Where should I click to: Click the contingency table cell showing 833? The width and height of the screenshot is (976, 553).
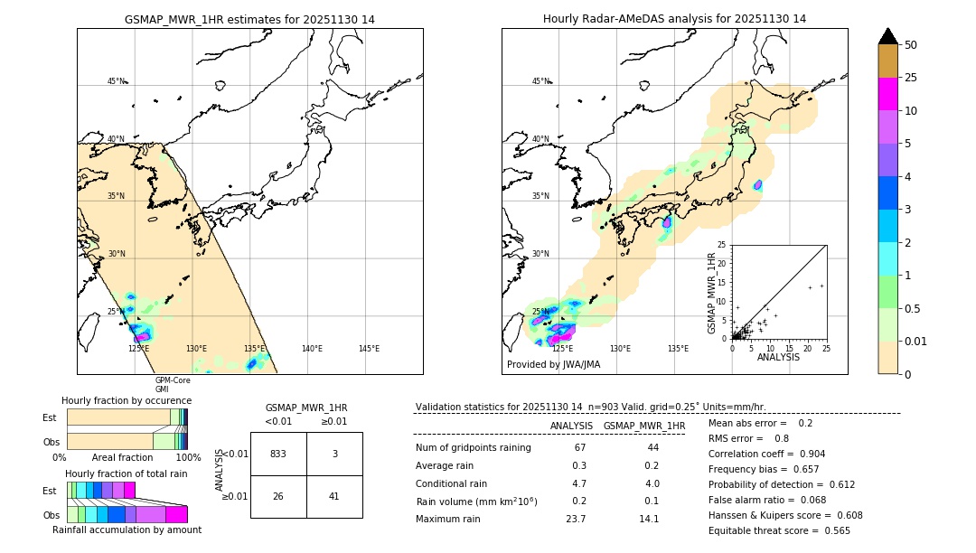(278, 454)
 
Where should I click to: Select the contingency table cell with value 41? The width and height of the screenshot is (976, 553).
(334, 496)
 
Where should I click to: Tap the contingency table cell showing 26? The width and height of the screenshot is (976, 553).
(278, 496)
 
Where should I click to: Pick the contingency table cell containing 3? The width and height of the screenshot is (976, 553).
(334, 454)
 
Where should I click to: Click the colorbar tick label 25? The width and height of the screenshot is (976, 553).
(911, 78)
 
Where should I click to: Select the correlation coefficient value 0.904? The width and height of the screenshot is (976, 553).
(807, 454)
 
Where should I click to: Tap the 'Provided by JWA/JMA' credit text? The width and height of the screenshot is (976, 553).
(553, 365)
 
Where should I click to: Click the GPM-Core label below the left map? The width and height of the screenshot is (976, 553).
(173, 380)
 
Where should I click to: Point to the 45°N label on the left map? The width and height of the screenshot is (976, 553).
(117, 81)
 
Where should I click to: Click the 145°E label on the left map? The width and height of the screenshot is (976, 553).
(369, 348)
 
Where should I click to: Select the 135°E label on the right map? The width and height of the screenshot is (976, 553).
(678, 348)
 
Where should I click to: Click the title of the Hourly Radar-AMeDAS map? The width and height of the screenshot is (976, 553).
(674, 19)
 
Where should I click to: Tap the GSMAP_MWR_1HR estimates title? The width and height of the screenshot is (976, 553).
(249, 19)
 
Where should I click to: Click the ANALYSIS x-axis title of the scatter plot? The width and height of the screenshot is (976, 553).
(778, 357)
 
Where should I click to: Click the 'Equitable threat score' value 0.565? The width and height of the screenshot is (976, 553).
(831, 530)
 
